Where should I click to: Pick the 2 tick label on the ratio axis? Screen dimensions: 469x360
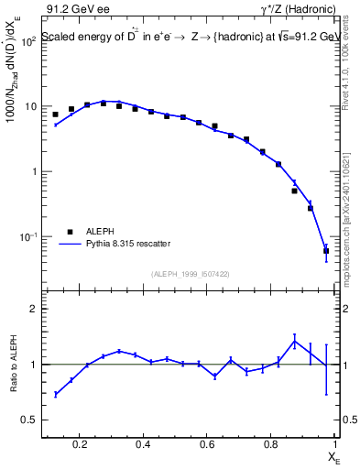click(34, 309)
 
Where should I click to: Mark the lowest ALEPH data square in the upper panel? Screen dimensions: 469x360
click(326, 250)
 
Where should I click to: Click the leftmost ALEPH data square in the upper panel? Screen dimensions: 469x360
click(55, 115)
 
